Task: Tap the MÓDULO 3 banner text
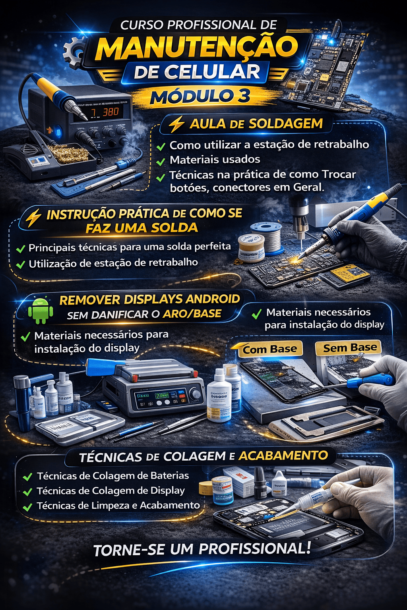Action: pyautogui.click(x=200, y=96)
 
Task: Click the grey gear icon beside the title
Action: pyautogui.click(x=74, y=51)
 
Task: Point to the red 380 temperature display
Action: pyautogui.click(x=110, y=112)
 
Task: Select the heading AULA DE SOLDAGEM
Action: pyautogui.click(x=256, y=124)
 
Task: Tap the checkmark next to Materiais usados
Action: pyautogui.click(x=161, y=161)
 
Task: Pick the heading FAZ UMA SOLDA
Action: pyautogui.click(x=141, y=228)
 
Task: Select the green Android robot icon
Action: pyautogui.click(x=40, y=310)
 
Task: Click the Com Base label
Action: pyautogui.click(x=270, y=349)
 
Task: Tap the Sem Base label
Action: pyautogui.click(x=350, y=348)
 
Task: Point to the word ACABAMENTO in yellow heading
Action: pyautogui.click(x=283, y=456)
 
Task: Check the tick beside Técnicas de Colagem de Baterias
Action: pyautogui.click(x=27, y=477)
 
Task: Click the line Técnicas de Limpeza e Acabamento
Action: pyautogui.click(x=118, y=506)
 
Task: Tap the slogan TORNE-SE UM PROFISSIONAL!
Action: pyautogui.click(x=202, y=549)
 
